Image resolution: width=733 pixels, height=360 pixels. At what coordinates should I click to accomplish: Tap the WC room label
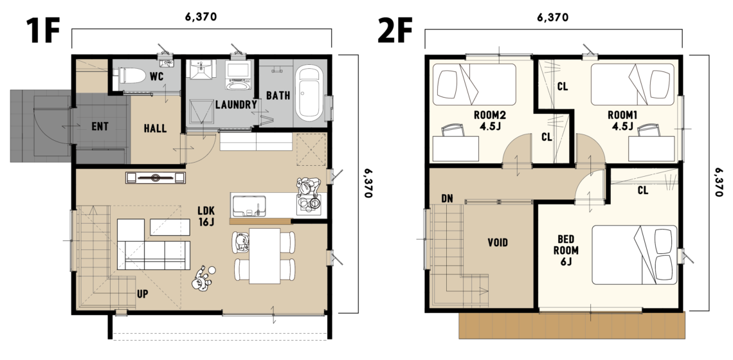tap(157, 76)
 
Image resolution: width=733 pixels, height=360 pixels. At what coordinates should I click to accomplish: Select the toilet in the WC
tap(132, 75)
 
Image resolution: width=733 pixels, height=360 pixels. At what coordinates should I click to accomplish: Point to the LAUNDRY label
tap(236, 104)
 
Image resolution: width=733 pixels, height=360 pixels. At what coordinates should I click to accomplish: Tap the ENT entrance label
tap(100, 126)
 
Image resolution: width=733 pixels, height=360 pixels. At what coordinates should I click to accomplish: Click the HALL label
tap(155, 128)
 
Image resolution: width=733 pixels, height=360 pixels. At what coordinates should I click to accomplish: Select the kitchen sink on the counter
tap(249, 206)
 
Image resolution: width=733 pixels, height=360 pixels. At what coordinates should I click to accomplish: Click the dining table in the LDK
tap(265, 256)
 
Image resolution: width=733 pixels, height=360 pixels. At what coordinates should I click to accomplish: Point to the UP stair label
tap(143, 294)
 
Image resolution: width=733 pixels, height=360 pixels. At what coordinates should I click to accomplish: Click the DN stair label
tap(447, 199)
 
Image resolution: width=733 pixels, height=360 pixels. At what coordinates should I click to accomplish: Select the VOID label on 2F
tap(498, 242)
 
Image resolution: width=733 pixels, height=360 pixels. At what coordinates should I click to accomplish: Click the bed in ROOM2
tap(474, 84)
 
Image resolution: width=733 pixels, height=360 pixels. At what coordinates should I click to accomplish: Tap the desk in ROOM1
tap(651, 148)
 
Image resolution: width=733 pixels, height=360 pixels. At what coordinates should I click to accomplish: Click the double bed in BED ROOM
tap(635, 255)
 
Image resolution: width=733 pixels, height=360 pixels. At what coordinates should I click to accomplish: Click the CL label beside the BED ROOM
tap(643, 190)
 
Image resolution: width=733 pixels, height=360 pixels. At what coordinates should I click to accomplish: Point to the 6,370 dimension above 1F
tap(201, 17)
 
